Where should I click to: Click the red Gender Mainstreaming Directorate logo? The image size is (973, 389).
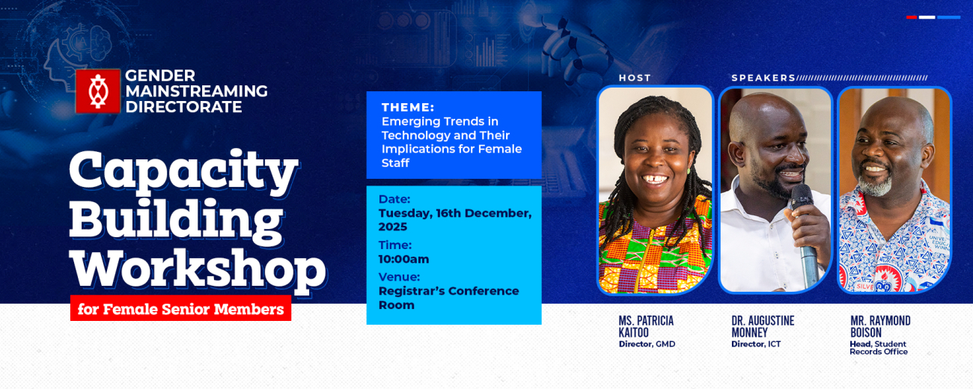(97, 91)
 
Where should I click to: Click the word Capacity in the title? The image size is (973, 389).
(183, 169)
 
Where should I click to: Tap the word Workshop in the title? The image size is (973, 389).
(198, 268)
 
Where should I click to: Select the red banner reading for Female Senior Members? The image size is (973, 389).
(180, 308)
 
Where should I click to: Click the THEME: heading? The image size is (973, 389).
(408, 107)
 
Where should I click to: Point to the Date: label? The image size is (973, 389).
(394, 199)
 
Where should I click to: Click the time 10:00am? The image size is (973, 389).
(403, 260)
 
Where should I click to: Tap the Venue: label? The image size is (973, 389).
(399, 277)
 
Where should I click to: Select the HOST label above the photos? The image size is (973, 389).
(635, 78)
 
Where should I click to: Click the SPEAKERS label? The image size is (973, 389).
(763, 78)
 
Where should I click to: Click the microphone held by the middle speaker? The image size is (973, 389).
(804, 224)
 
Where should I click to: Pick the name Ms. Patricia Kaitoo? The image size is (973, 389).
(646, 326)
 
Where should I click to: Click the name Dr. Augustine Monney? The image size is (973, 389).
(763, 326)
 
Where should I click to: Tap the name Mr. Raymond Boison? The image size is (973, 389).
(880, 326)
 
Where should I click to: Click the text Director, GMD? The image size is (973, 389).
(647, 344)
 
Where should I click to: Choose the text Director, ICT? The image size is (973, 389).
(756, 344)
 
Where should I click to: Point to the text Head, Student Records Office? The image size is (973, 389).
(879, 348)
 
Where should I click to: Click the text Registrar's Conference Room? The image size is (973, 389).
(448, 298)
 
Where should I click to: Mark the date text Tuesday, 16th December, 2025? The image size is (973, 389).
(455, 220)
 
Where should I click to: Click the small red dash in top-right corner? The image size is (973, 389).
(912, 16)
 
